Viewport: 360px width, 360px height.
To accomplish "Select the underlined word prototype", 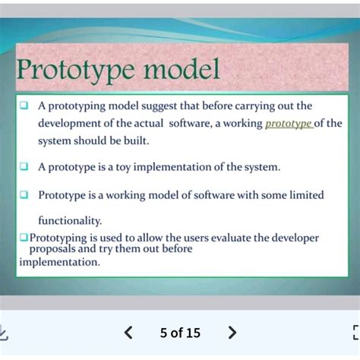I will (289, 123).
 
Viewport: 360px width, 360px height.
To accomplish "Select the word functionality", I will (70, 220).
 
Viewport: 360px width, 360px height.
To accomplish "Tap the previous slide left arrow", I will (128, 333).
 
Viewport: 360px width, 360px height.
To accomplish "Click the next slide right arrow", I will (232, 333).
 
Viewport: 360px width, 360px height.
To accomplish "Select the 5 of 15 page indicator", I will (180, 333).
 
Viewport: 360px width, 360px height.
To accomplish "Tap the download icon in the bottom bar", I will (4, 333).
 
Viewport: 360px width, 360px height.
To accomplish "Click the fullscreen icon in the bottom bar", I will (355, 333).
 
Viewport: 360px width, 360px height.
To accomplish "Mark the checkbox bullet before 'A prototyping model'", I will (24, 106).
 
